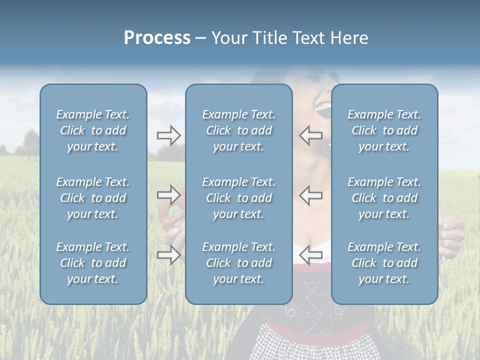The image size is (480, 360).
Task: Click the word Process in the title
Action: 157,38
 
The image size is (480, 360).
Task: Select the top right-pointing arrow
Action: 168,135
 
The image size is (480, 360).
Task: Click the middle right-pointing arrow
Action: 168,194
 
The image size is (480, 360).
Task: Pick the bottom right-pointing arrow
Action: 168,255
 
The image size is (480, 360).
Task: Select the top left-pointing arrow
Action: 310,135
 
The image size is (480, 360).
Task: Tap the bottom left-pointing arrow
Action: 310,255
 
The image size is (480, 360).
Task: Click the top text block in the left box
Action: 93,130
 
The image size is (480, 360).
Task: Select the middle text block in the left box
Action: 93,198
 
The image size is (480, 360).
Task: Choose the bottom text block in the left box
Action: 93,263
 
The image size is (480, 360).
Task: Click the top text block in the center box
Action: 238,130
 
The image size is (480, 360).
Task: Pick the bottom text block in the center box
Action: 238,263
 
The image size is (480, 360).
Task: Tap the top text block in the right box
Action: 384,130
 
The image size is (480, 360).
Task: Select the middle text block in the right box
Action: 384,198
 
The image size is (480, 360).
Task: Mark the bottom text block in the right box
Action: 384,263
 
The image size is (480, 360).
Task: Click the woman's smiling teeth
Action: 321,106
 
